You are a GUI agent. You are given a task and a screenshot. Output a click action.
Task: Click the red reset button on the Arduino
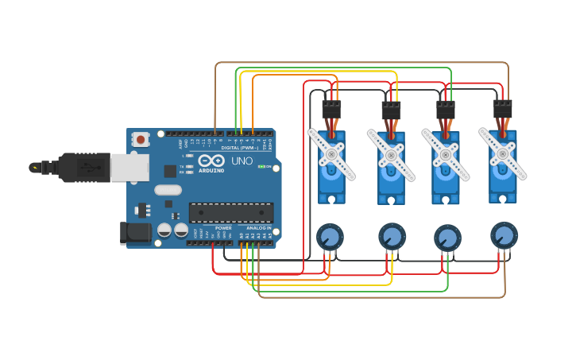pos(141,139)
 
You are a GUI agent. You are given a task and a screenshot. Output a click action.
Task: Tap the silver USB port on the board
pos(130,168)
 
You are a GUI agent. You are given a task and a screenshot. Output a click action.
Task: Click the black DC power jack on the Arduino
pos(135,232)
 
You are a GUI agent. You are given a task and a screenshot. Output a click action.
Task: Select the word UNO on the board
pos(242,161)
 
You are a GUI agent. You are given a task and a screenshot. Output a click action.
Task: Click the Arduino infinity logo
pos(211,161)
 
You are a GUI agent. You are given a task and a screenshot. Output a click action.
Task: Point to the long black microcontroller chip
pos(230,212)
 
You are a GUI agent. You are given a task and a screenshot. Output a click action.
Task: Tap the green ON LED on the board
pos(260,167)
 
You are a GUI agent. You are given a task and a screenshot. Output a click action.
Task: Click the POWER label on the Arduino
pos(223,228)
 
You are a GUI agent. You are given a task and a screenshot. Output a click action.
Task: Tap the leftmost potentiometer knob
pos(330,237)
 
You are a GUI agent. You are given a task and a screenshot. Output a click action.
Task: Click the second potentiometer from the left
pos(392,236)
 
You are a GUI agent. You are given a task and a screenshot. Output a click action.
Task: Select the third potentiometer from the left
pos(447,238)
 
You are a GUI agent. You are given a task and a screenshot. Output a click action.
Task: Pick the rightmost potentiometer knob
pos(504,235)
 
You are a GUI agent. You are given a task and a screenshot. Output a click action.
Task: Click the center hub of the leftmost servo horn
pos(331,153)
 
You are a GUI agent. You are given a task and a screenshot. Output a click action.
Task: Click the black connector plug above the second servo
pos(391,110)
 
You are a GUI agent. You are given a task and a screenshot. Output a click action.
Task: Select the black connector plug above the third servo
pos(446,110)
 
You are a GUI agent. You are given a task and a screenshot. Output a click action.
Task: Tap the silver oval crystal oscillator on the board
pos(168,190)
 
